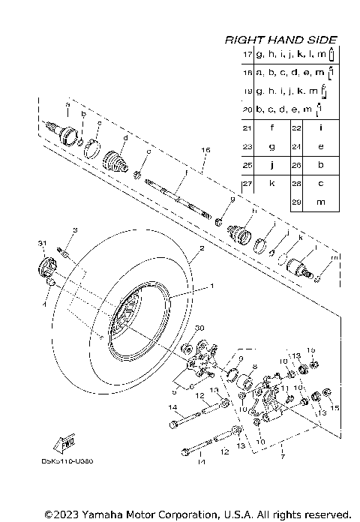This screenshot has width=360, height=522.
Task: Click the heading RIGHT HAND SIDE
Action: click(x=280, y=40)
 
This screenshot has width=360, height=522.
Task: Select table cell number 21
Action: click(x=247, y=128)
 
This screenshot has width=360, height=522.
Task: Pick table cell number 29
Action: click(x=296, y=202)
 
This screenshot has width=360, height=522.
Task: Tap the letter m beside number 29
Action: click(x=320, y=202)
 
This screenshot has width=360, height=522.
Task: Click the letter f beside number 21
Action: click(x=272, y=128)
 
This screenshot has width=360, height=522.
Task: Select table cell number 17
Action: click(x=247, y=55)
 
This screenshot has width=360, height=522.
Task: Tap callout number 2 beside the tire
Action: click(x=201, y=248)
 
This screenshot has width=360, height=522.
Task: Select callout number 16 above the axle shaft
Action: click(x=205, y=151)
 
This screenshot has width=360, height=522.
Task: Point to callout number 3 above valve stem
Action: click(x=75, y=229)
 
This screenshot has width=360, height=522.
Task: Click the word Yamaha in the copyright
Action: click(x=104, y=514)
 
